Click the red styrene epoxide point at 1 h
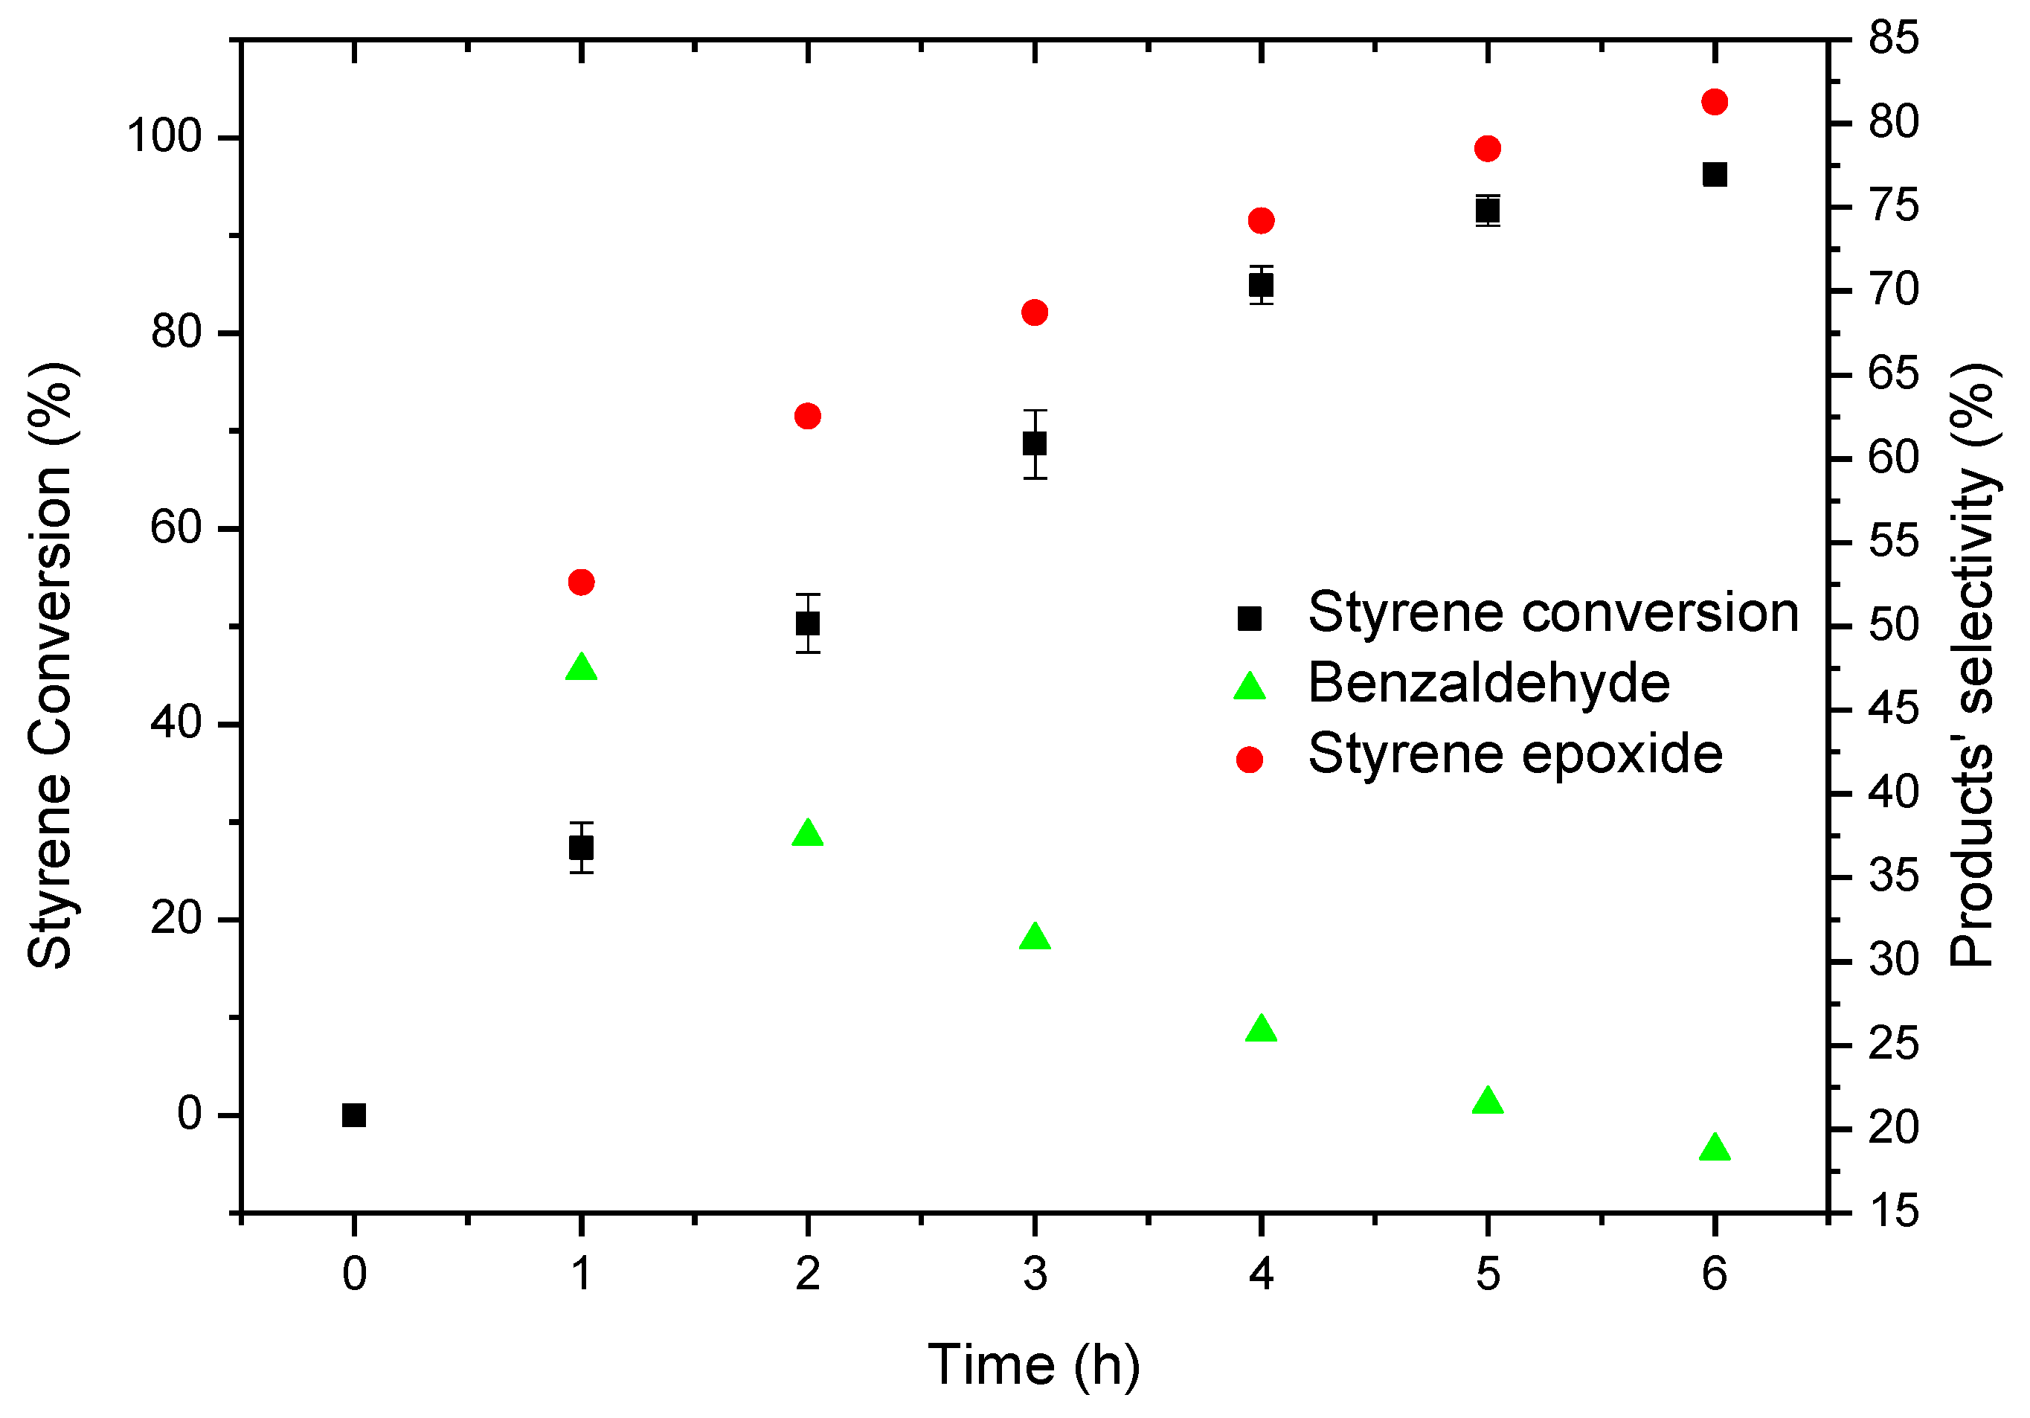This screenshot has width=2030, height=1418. pos(581,582)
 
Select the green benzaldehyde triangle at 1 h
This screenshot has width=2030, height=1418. pos(581,668)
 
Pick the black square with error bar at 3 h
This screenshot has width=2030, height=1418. pos(1035,444)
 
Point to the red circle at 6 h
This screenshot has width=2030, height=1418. pos(1715,103)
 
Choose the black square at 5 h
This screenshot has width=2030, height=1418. pos(1488,211)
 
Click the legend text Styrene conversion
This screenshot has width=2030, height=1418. pos(1553,612)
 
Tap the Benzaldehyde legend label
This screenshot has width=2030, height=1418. pos(1489,684)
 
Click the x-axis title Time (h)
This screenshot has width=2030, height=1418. pos(1033,1365)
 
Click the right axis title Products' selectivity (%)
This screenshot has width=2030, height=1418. pos(1973,665)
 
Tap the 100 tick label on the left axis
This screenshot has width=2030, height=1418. pos(164,137)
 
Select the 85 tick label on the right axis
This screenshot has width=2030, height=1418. pos(1894,38)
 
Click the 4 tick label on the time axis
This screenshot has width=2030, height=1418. pos(1261,1274)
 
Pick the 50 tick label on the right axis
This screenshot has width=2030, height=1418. pos(1894,625)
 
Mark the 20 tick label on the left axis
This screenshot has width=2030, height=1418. pos(176,919)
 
